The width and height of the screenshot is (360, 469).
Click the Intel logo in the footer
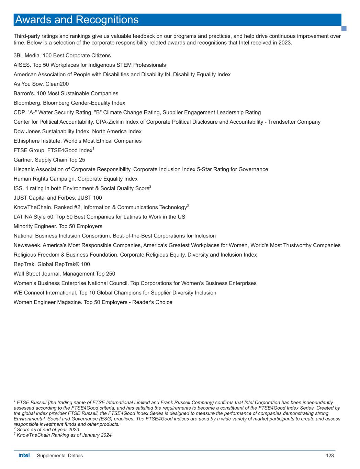coord(24,455)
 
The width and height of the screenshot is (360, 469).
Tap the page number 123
coord(330,456)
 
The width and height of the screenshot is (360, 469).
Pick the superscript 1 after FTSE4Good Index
coord(93,148)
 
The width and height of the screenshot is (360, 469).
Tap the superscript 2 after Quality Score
coord(150,187)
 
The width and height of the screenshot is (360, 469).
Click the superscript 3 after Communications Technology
coord(188,205)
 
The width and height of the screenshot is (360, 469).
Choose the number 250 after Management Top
coord(111,274)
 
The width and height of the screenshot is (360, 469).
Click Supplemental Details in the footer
coord(60,456)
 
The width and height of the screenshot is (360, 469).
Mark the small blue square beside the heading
coord(344,28)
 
